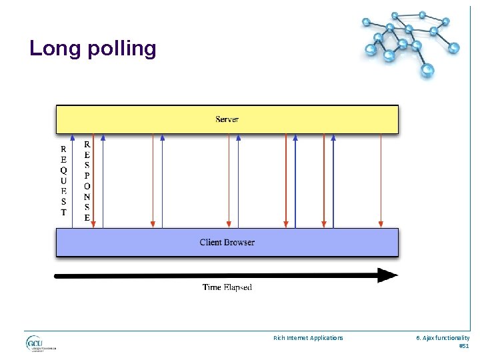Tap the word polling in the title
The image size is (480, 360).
tap(120, 49)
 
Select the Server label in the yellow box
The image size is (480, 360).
tap(227, 119)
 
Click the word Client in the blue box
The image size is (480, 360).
tap(212, 243)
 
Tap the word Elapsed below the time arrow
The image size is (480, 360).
tap(237, 287)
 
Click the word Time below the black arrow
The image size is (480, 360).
tap(211, 287)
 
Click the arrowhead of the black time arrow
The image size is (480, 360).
tap(388, 275)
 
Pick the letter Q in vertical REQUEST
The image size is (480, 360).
tap(63, 170)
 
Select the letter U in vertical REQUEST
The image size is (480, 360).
tap(63, 181)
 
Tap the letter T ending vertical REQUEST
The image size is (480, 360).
tap(63, 213)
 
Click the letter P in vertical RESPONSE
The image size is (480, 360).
tap(87, 175)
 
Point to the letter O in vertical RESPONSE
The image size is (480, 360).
tap(87, 186)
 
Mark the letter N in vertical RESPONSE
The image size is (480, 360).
tap(87, 197)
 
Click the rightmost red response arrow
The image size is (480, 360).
tap(381, 180)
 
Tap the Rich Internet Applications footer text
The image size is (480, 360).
tap(308, 338)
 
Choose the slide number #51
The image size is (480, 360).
tap(464, 346)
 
